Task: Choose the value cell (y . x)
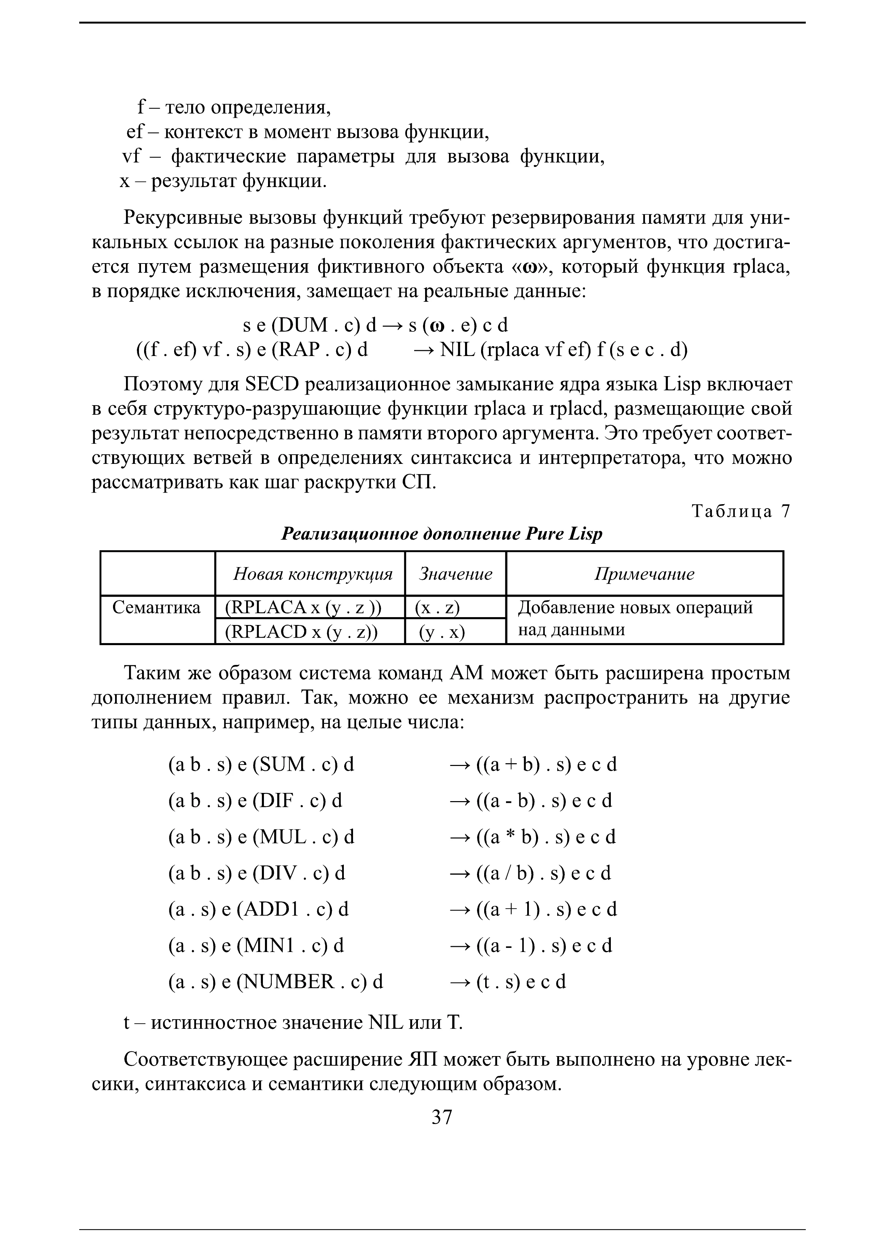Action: pyautogui.click(x=441, y=631)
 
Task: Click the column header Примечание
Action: pyautogui.click(x=644, y=574)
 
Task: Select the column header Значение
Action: pyautogui.click(x=455, y=574)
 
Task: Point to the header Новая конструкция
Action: pyautogui.click(x=312, y=574)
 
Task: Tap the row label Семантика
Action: pyautogui.click(x=156, y=608)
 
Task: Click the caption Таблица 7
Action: pyautogui.click(x=740, y=511)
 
